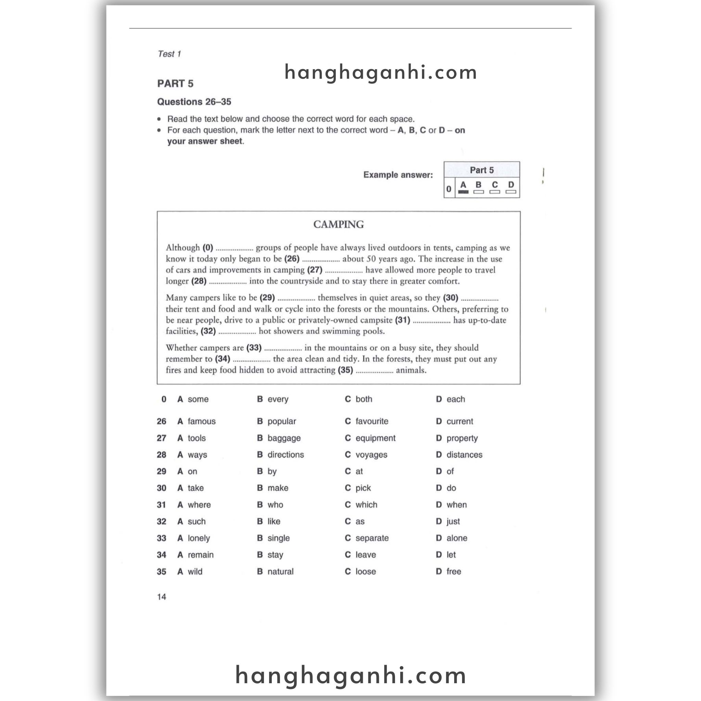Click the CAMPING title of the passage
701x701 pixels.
[x=338, y=225]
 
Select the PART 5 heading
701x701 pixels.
[x=175, y=84]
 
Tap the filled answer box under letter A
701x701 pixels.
[x=463, y=192]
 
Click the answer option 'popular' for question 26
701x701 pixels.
[x=282, y=421]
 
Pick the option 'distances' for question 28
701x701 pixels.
[x=464, y=455]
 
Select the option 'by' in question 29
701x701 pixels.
[x=272, y=471]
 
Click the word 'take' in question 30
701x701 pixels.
[x=195, y=488]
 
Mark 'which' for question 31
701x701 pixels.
[x=366, y=505]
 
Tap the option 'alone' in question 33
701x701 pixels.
[x=457, y=538]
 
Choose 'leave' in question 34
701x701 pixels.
[x=365, y=555]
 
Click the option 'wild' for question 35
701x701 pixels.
[x=195, y=572]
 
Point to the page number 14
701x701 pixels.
[x=162, y=597]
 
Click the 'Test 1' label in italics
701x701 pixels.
[x=169, y=54]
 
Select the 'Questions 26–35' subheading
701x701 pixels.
[x=194, y=102]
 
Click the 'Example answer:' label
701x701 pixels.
[x=398, y=175]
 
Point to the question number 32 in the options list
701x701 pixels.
[x=162, y=521]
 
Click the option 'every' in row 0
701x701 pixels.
[x=278, y=399]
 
